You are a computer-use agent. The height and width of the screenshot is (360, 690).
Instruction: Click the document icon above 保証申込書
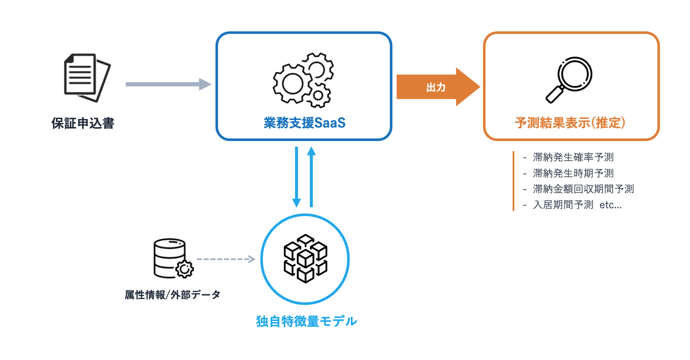[87, 78]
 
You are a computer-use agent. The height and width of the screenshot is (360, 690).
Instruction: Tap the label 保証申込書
[83, 123]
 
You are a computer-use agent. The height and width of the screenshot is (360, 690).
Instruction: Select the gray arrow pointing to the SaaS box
[168, 84]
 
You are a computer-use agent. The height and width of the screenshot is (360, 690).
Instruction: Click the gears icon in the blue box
[303, 80]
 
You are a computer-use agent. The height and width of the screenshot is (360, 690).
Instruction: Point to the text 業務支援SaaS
[304, 123]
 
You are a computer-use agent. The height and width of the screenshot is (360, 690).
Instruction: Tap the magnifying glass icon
[569, 80]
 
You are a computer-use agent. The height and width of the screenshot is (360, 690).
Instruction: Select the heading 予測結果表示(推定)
[570, 123]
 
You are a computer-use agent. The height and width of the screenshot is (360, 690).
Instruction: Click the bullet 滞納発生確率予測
[573, 157]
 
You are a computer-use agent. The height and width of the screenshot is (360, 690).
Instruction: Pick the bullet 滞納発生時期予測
[573, 173]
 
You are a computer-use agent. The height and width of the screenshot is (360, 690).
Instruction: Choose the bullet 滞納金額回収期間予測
[583, 189]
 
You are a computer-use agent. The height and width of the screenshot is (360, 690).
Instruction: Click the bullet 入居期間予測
[563, 205]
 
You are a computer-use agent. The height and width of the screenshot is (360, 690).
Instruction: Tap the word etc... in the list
[610, 205]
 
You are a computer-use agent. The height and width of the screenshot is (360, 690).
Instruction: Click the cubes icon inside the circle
[305, 258]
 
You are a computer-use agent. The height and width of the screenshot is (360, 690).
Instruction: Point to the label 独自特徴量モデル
[306, 321]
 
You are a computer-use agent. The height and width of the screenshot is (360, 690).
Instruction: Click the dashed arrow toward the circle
[226, 259]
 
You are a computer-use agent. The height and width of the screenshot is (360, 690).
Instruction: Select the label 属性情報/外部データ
[172, 295]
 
